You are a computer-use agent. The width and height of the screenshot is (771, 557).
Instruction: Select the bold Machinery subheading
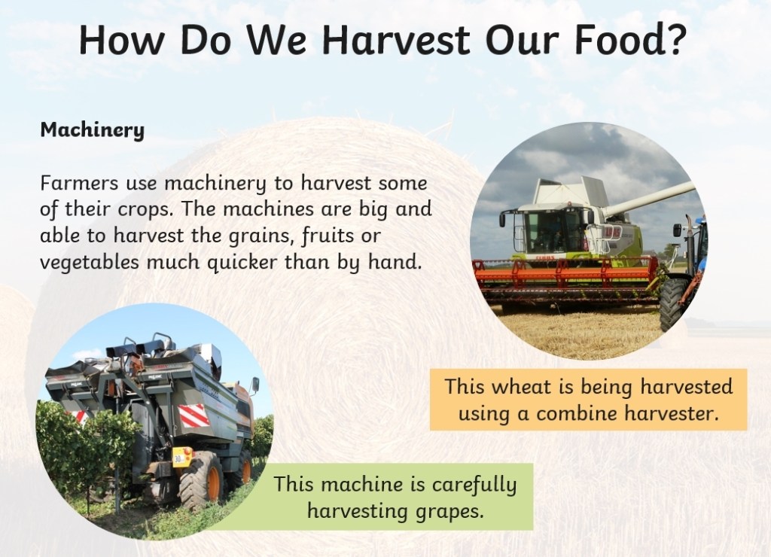[93, 130]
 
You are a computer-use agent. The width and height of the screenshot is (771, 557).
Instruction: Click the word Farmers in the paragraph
[79, 183]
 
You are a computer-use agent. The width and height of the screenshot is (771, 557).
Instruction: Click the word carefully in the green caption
[475, 485]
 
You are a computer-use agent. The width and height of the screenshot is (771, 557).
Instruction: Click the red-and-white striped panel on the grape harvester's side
[194, 415]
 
